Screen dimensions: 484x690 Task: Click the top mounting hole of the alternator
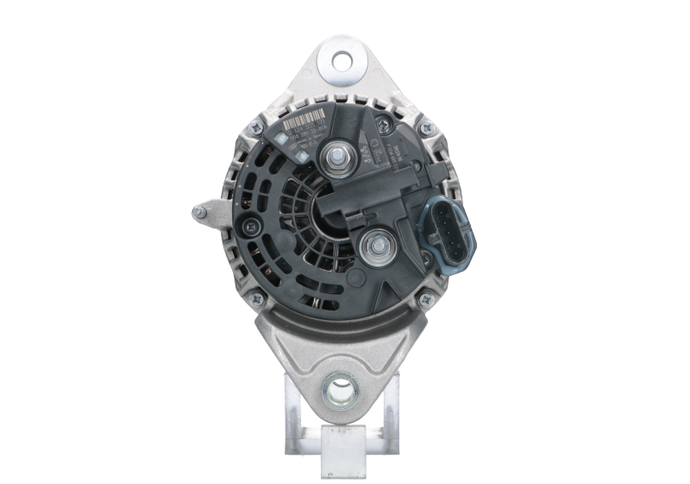coord(343,62)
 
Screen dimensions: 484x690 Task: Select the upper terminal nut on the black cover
coord(334,159)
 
